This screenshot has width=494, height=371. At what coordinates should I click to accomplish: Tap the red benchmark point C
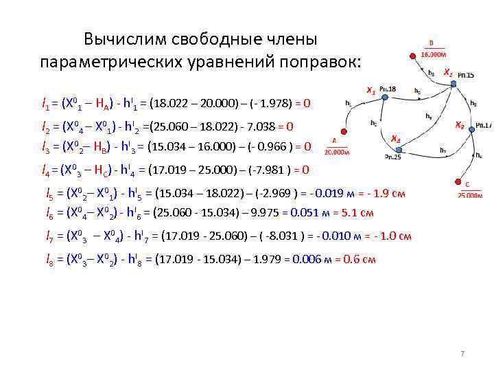458,182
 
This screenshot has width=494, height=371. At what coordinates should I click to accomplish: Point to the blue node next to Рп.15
454,84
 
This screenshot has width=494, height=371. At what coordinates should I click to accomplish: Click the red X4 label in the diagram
396,139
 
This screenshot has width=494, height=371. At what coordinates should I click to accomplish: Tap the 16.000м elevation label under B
434,54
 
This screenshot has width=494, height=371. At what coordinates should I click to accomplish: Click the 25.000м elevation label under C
470,196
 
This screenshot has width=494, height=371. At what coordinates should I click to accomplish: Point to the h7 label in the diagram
443,150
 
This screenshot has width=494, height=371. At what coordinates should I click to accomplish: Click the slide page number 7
462,354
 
